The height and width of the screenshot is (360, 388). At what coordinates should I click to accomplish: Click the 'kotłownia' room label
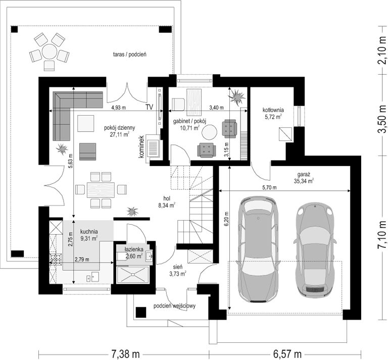[273, 110]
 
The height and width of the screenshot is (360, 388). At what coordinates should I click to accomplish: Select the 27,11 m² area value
[120, 134]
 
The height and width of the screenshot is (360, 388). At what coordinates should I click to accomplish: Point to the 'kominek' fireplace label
[141, 147]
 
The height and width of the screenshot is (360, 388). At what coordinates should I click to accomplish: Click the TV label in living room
[149, 107]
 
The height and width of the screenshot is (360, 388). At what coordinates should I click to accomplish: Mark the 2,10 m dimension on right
[382, 50]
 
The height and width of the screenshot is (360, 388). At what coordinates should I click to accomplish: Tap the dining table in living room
[101, 190]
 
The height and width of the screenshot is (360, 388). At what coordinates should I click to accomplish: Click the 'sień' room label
[178, 267]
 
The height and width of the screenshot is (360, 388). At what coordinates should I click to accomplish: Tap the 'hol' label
[167, 198]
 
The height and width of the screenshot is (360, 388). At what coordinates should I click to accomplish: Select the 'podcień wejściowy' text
[174, 306]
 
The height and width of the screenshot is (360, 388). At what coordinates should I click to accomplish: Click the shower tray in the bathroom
[133, 274]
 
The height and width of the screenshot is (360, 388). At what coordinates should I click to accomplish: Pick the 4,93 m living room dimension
[119, 108]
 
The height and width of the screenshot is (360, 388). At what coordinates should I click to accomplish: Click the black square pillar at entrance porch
[141, 312]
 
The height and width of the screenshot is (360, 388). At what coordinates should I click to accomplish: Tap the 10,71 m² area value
[190, 128]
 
